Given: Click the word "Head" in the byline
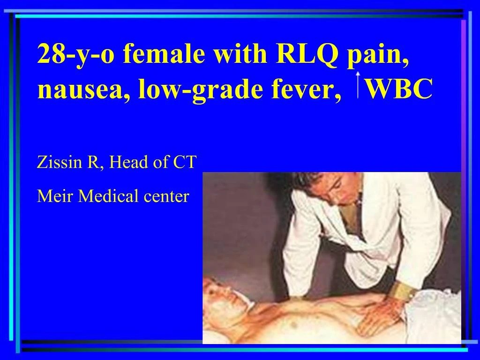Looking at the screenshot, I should click(126, 164).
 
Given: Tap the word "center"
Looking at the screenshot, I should click(166, 196).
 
